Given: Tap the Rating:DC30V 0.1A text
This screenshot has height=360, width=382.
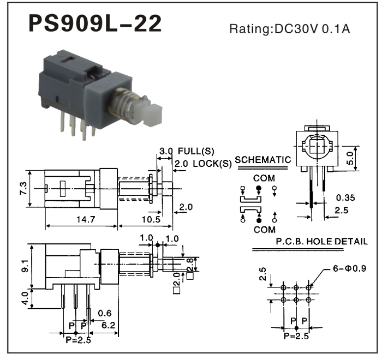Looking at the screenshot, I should click(x=289, y=29).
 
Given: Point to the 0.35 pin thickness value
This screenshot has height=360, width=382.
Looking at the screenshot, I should click(x=347, y=197).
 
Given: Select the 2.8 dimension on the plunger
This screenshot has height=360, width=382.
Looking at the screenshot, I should click(x=189, y=265).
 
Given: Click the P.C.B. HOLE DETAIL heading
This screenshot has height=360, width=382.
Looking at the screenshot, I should click(x=321, y=241).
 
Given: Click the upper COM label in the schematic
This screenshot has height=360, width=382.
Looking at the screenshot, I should click(x=264, y=178).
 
